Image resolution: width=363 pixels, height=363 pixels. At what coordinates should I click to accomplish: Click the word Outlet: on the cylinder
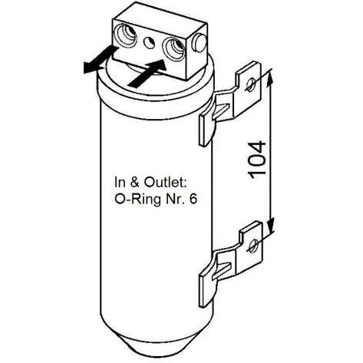pos(165,183)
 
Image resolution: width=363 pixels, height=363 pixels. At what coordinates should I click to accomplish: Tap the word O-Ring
pos(138,199)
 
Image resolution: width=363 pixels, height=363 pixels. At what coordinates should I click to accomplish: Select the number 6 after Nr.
pos(193,199)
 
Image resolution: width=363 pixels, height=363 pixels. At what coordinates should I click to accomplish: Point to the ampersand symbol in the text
pos(135,183)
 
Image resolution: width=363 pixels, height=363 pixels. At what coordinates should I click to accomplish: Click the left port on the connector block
pos(127,36)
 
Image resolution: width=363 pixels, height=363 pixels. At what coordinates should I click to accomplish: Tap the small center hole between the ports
pos(149,43)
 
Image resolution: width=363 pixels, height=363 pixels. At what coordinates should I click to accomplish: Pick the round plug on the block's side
pos(200,43)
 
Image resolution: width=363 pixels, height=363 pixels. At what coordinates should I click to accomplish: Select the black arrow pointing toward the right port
pos(148,73)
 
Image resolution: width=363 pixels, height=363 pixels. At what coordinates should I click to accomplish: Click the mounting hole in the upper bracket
pos(250,84)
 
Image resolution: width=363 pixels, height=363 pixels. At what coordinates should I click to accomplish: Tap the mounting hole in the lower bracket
pos(253,245)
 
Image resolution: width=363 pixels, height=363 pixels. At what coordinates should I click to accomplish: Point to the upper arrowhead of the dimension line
pos(269,78)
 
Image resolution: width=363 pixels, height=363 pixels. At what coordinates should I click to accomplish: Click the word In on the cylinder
pos(120,183)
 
